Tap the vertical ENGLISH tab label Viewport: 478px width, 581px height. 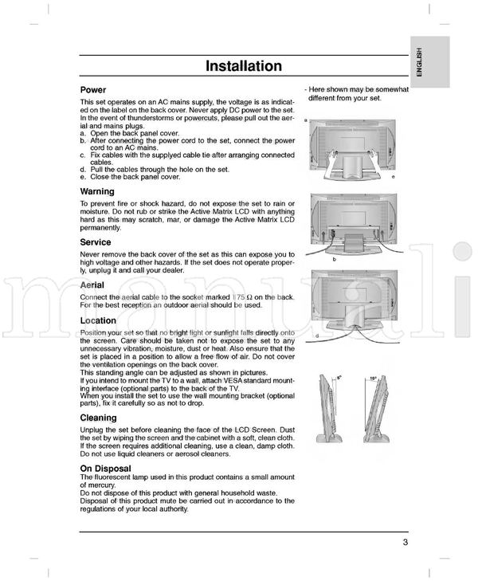pos(419,62)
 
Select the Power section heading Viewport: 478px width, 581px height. pos(93,90)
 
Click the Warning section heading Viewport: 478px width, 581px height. pos(97,191)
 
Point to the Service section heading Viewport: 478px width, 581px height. pos(96,241)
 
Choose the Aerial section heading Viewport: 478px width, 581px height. pos(92,285)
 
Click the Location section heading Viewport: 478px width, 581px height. pos(99,320)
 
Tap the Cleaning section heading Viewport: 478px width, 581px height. pos(99,418)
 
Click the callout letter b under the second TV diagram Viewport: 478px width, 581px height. pos(334,260)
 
